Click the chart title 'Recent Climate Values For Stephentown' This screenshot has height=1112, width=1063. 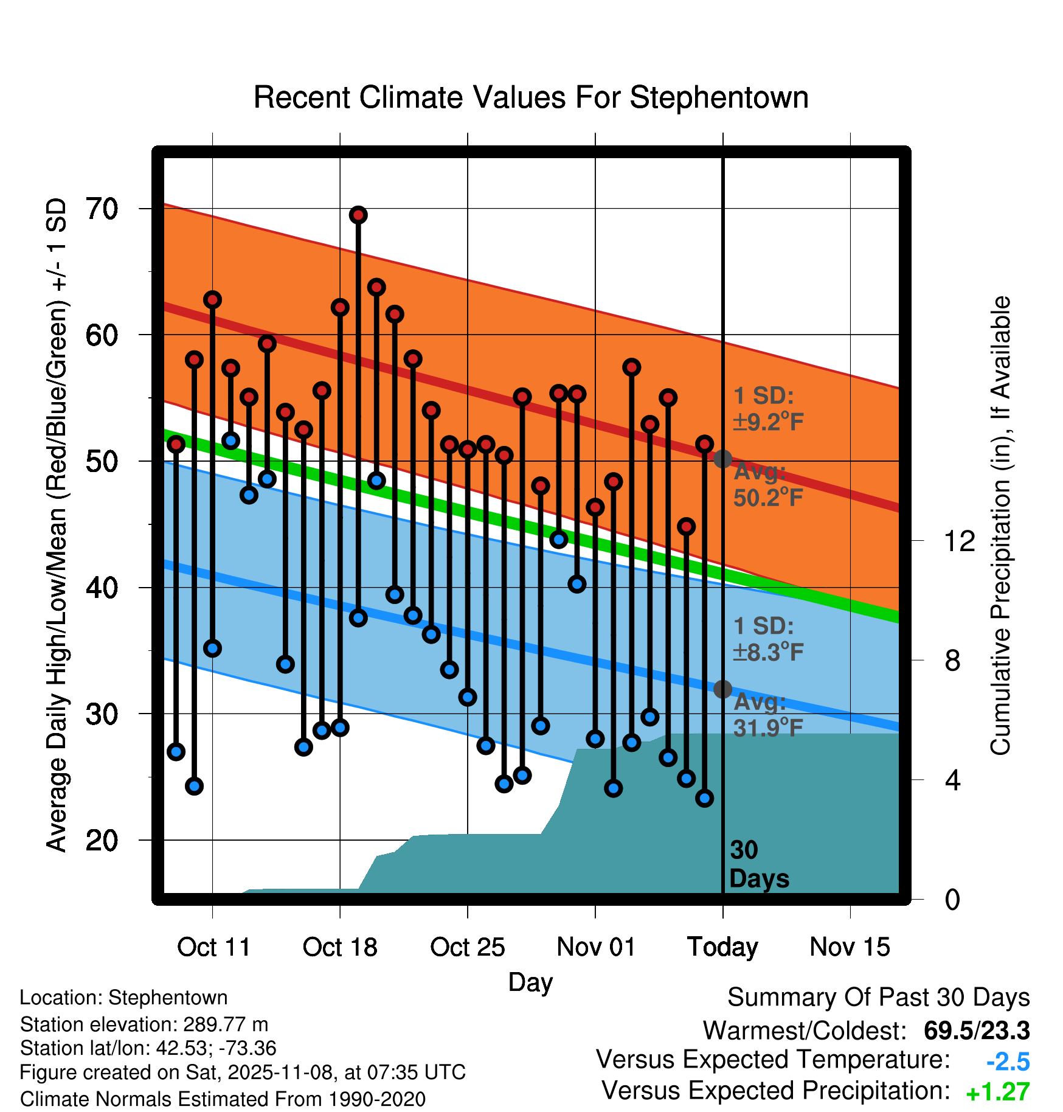[x=531, y=98]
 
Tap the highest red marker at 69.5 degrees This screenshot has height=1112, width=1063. [x=358, y=215]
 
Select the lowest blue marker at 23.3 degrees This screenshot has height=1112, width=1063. [x=704, y=798]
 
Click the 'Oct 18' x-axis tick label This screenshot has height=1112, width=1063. [x=340, y=947]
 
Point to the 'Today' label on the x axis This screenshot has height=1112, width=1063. [x=722, y=947]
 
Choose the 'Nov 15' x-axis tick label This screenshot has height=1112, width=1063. [x=850, y=947]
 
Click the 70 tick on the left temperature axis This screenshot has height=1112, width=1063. [x=102, y=209]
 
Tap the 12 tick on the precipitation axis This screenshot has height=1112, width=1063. [x=959, y=541]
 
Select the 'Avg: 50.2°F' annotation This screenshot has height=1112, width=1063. [x=767, y=485]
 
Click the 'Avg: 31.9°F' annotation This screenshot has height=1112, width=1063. [x=767, y=715]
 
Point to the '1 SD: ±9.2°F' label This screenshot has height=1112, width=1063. [x=767, y=409]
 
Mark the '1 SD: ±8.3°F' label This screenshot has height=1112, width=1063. [x=767, y=639]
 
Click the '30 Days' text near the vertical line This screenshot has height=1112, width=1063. [x=758, y=864]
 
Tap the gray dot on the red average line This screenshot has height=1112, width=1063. [x=722, y=459]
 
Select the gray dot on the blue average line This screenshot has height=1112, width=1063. [x=722, y=689]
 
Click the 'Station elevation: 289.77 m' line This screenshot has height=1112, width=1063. [x=144, y=1024]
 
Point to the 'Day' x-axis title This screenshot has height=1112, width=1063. [x=530, y=982]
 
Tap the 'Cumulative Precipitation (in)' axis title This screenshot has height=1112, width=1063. [x=1000, y=526]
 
